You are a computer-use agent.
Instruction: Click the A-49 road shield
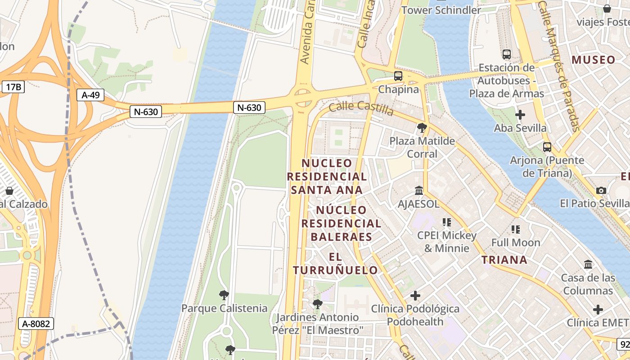[x=90, y=95]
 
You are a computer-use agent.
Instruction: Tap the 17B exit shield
[x=13, y=87]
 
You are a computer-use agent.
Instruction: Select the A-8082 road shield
[x=36, y=323]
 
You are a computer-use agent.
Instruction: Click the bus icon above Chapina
[x=398, y=76]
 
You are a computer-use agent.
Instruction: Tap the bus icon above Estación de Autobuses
[x=507, y=54]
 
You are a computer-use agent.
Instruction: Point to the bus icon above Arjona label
[x=547, y=147]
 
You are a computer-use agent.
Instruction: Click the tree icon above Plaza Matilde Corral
[x=422, y=128]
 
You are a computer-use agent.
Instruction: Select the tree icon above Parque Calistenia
[x=224, y=295]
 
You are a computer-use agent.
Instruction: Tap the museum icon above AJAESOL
[x=419, y=190]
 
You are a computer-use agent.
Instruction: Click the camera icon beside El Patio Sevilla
[x=601, y=190]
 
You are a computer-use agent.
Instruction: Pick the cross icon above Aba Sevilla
[x=520, y=115]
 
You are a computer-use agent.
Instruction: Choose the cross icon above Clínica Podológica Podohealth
[x=415, y=296]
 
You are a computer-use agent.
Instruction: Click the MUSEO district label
[x=593, y=60]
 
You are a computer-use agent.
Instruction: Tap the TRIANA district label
[x=504, y=260]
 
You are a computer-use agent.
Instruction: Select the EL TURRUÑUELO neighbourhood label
[x=335, y=263]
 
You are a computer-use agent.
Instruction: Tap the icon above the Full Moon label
[x=516, y=229]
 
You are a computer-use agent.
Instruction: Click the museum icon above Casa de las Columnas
[x=588, y=264]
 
